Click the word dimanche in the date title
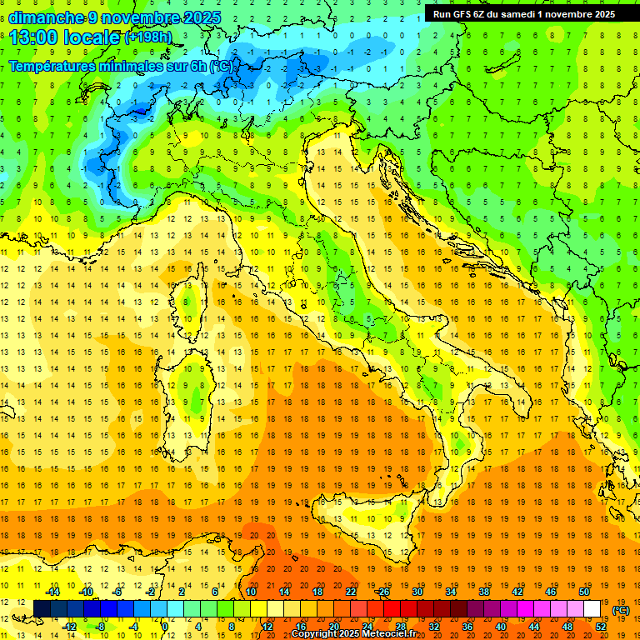click(46, 17)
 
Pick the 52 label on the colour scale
click(601, 627)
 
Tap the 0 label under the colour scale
click(165, 627)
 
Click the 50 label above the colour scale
click(584, 591)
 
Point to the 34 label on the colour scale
click(451, 591)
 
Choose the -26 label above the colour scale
click(383, 591)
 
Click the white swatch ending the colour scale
click(592, 608)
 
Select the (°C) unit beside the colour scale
click(621, 610)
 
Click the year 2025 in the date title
click(200, 17)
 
